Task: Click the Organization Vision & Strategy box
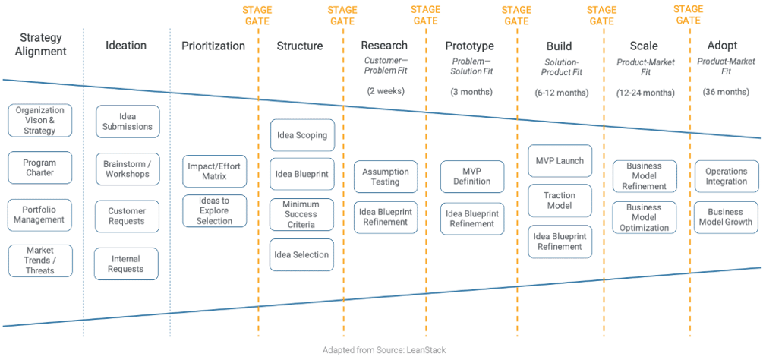click(40, 120)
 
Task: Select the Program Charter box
click(40, 167)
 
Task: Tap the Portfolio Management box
click(40, 214)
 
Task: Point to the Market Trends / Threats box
click(40, 261)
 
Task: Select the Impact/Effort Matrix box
click(215, 172)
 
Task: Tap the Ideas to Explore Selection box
click(215, 210)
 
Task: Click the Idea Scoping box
click(302, 136)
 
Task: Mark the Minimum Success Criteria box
click(302, 214)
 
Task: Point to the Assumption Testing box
click(386, 177)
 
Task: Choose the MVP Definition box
click(471, 177)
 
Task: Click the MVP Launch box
click(560, 160)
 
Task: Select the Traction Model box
click(560, 201)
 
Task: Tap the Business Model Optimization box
click(644, 217)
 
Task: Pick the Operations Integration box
click(727, 176)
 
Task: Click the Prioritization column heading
click(213, 46)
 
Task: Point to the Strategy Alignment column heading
click(41, 45)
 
